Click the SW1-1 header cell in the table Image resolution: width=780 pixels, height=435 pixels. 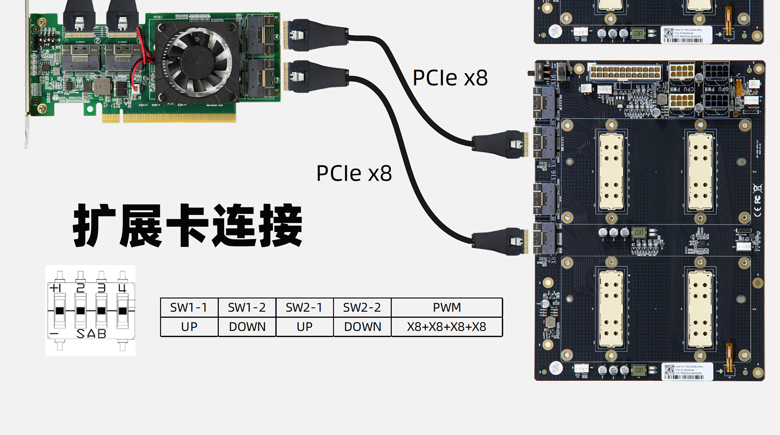[x=189, y=308]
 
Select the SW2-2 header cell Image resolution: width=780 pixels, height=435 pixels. [x=362, y=308]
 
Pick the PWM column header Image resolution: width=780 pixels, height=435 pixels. [x=447, y=308]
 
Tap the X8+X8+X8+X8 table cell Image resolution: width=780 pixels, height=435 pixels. [x=447, y=327]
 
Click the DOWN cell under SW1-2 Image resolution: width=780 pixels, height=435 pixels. [x=247, y=327]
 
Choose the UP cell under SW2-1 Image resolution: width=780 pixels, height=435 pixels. [x=305, y=327]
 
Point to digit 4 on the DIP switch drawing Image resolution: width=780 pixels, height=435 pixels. [x=122, y=288]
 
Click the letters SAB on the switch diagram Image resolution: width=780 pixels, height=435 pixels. [x=91, y=334]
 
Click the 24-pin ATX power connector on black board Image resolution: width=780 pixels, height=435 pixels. [x=625, y=72]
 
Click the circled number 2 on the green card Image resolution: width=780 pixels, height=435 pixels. [x=97, y=41]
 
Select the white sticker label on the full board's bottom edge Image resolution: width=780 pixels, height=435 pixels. [x=687, y=372]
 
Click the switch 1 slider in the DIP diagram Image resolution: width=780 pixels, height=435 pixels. [x=60, y=311]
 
